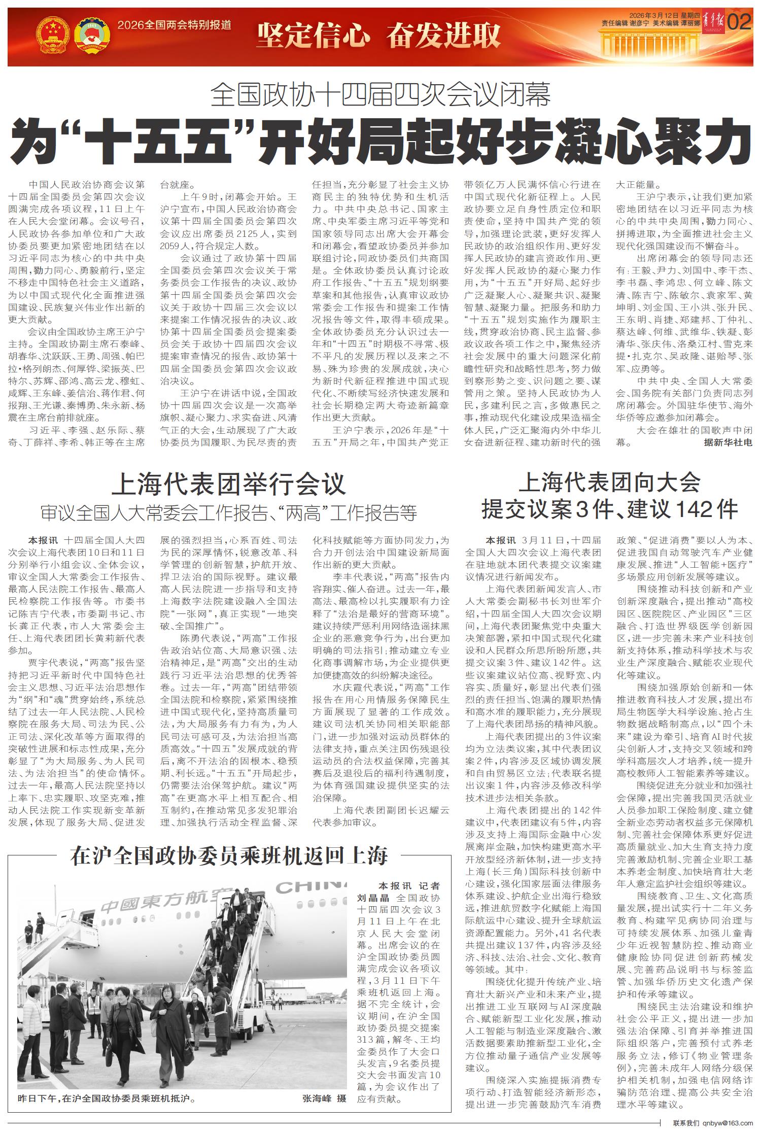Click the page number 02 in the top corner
[740, 22]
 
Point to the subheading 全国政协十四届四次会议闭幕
[380, 95]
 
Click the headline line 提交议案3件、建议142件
[609, 509]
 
